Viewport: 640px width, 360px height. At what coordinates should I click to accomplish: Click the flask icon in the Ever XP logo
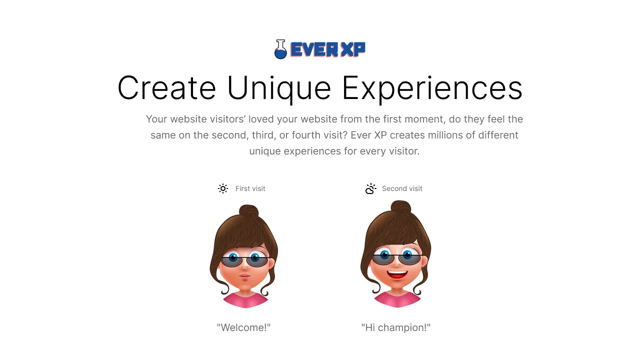click(x=280, y=49)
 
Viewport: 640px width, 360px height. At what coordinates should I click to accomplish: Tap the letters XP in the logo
click(x=353, y=49)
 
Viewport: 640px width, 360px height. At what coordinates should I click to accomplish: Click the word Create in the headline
click(x=166, y=87)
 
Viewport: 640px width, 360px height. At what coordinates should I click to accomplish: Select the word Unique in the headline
click(x=279, y=89)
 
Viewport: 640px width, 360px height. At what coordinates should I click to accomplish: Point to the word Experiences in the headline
click(x=432, y=89)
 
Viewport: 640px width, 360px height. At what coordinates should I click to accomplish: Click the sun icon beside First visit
click(x=223, y=188)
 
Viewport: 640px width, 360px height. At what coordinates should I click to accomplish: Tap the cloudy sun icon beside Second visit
click(x=370, y=188)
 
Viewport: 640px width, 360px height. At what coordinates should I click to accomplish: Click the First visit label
click(x=250, y=188)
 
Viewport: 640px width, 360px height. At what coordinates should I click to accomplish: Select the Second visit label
click(x=402, y=188)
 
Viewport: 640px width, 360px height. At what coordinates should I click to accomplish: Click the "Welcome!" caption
click(x=243, y=327)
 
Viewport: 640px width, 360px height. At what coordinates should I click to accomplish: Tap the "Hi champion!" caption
click(x=396, y=327)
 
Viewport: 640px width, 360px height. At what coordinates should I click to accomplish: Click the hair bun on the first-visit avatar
click(x=248, y=211)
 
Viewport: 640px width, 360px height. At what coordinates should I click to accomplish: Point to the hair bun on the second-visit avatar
click(x=401, y=207)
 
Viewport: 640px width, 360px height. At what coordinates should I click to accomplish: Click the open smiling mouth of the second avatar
click(x=397, y=274)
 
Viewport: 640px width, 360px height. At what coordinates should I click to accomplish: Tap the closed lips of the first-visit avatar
click(x=244, y=276)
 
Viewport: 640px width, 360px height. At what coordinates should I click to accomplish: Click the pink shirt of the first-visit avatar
click(x=245, y=300)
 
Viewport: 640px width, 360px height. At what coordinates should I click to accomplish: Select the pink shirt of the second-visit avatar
click(x=397, y=299)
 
